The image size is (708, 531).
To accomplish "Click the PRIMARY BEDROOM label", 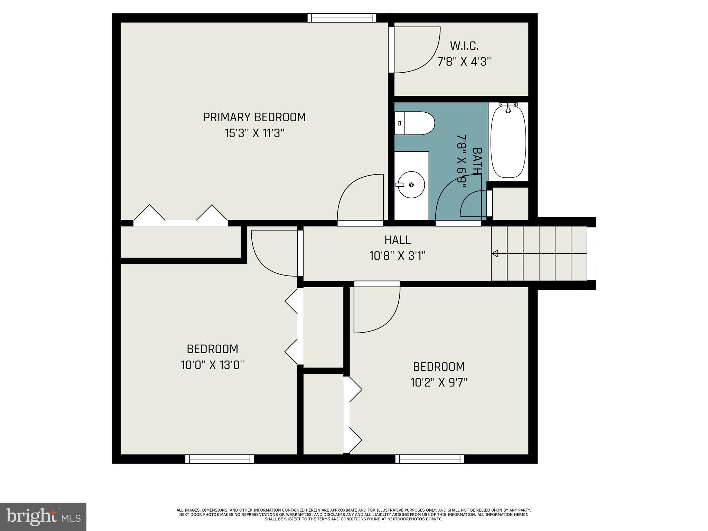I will click(254, 118).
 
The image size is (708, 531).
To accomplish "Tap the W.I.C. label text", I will click(464, 46).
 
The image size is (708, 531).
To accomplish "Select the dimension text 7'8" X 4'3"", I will click(464, 62).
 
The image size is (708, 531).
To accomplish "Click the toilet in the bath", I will click(415, 123).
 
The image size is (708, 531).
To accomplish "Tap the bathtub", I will click(508, 142).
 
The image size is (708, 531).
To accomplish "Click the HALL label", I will click(398, 240).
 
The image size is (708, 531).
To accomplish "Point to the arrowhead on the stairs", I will click(495, 254).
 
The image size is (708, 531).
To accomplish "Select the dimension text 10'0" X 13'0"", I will click(212, 365).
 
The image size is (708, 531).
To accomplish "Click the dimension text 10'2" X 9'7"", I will click(439, 383).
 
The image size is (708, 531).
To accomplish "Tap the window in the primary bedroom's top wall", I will click(342, 18).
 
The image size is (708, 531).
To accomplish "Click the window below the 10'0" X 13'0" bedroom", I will click(220, 459).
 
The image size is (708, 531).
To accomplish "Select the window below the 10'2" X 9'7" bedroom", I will click(429, 459).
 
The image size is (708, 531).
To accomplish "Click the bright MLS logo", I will click(43, 516).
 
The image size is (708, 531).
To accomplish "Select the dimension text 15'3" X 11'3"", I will click(254, 133).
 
